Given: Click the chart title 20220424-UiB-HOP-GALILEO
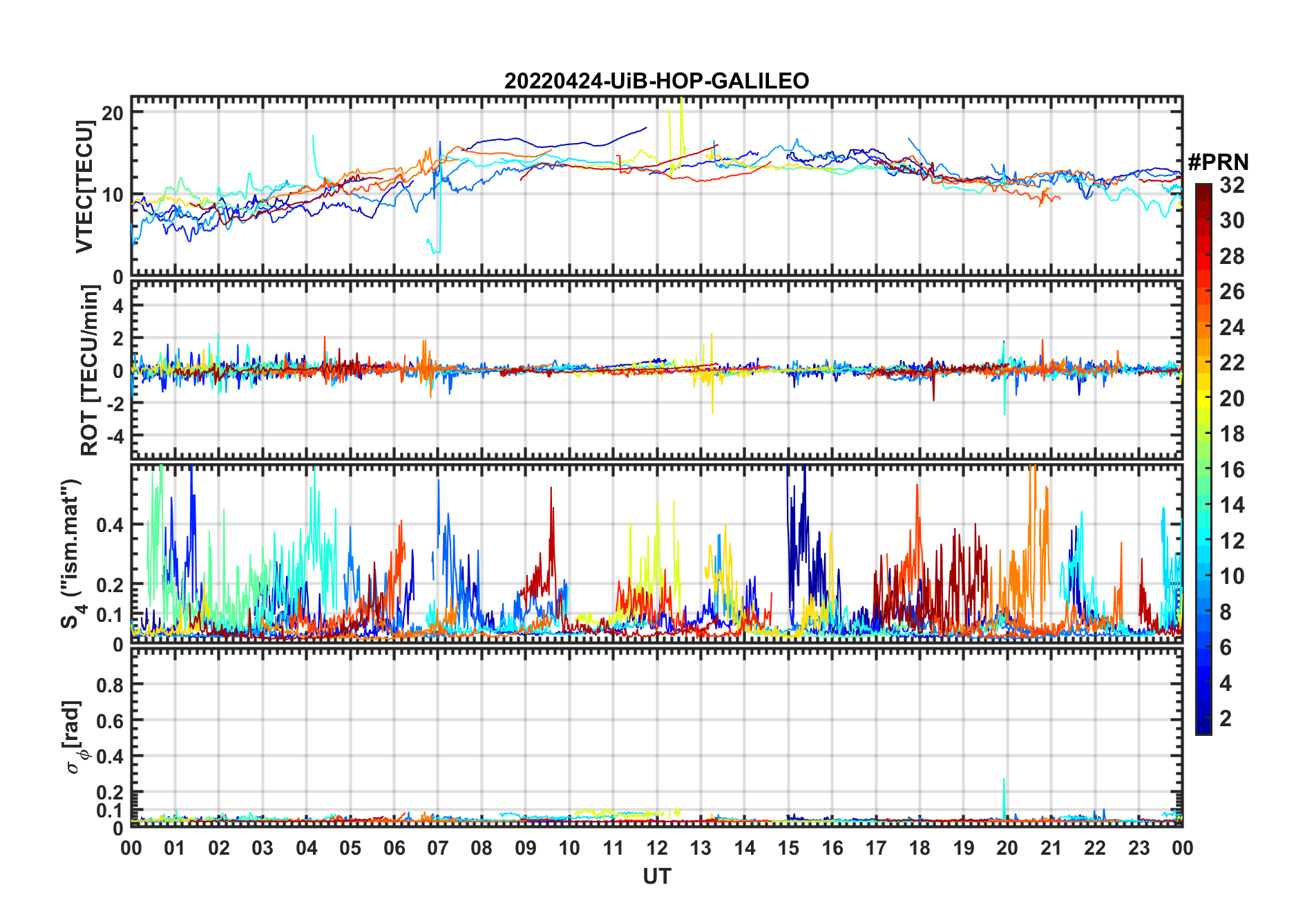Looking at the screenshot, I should coord(656,82).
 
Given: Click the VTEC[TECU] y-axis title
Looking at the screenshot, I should coord(85,187).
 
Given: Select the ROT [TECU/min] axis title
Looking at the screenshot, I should coord(90,370).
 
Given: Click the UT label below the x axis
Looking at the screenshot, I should coord(656,877).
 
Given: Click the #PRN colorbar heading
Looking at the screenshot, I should coord(1218,162).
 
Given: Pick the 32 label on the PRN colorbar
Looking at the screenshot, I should coord(1232,185).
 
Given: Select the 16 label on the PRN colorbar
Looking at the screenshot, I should coord(1232,470).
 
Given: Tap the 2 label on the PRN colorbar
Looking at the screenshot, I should coord(1226,719).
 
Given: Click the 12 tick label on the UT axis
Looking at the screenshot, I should coord(656,849).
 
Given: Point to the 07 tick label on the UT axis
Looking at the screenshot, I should coord(437,849).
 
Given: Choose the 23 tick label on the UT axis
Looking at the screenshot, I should coord(1139,849).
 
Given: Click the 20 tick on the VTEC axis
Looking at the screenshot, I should coord(113,113).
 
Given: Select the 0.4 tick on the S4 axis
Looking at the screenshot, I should coord(110,525).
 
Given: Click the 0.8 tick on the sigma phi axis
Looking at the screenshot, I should coord(110,685).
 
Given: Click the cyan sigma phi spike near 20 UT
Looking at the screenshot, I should coord(1004,781).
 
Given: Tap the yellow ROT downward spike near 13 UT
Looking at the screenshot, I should coord(712,410).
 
